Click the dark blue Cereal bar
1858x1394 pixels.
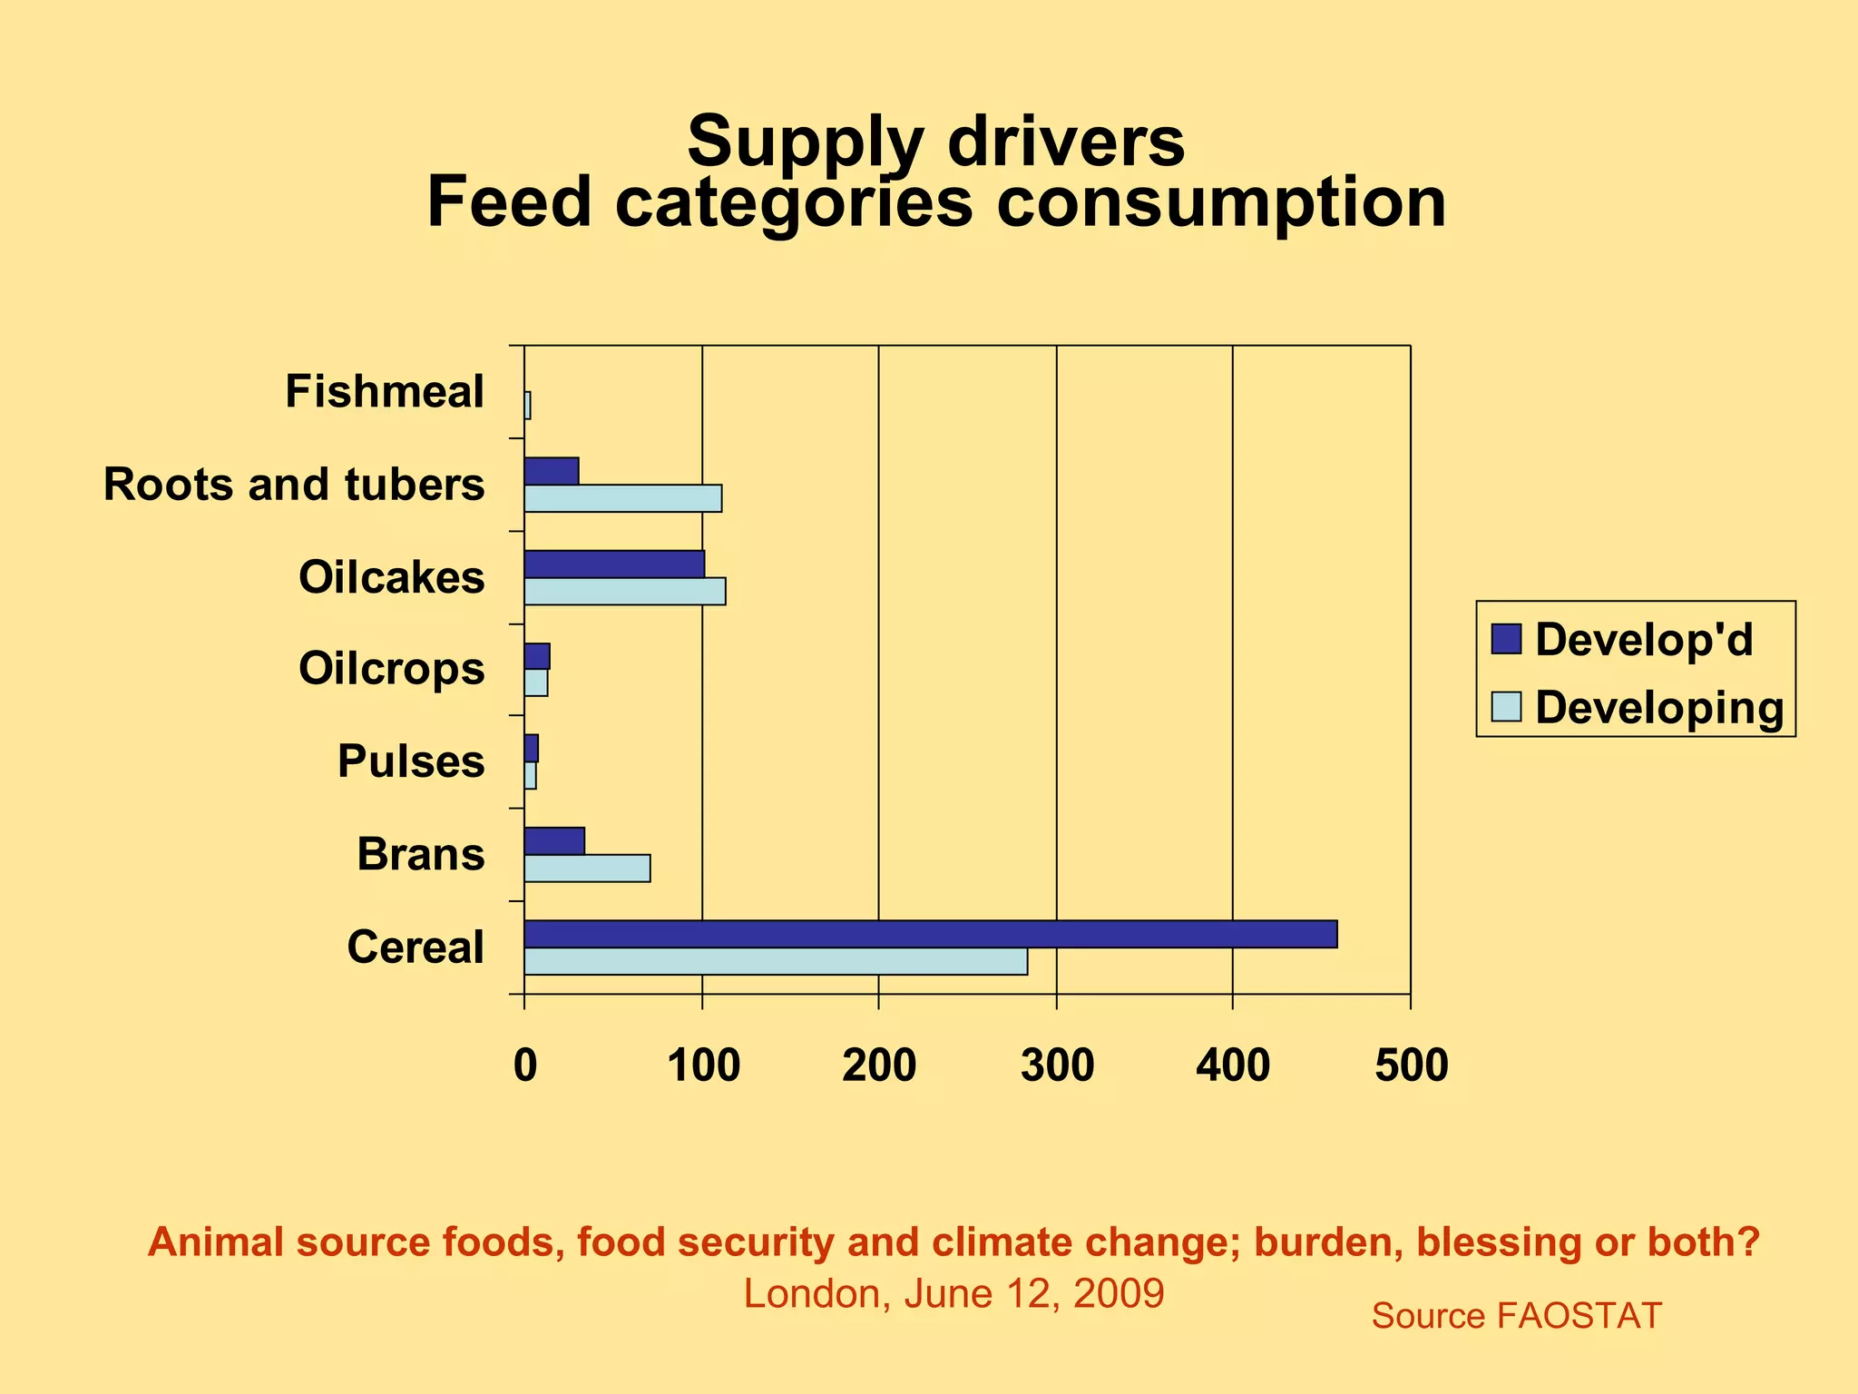930,934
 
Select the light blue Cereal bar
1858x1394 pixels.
776,961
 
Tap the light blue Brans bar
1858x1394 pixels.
587,869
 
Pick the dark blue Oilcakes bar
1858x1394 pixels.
614,564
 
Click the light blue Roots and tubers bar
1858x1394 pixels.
622,499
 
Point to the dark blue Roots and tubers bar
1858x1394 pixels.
551,471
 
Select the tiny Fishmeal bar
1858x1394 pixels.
527,406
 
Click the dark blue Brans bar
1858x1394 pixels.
554,841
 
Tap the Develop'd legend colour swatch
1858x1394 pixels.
1506,639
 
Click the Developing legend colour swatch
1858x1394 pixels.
1506,706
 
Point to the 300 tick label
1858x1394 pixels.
1057,1065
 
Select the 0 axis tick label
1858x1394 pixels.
524,1065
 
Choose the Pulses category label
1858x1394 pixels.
411,761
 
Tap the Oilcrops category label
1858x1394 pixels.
391,669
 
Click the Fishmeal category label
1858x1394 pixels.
385,392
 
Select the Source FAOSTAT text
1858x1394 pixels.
1516,1315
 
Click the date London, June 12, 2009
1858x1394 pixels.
953,1293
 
